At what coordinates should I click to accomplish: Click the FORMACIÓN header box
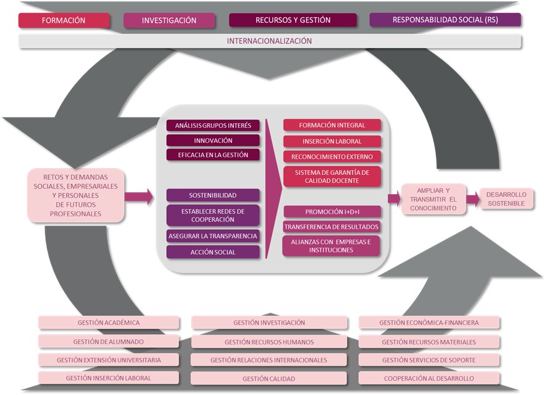point(64,20)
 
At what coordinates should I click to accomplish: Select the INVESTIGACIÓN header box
point(169,20)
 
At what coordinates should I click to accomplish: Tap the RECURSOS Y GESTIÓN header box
point(293,20)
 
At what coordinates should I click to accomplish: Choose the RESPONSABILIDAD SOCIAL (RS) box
point(445,20)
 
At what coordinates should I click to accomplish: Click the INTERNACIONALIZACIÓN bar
point(270,41)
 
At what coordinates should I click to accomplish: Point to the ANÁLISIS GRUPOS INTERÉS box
point(213,125)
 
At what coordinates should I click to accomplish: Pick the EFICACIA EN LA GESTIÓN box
point(213,155)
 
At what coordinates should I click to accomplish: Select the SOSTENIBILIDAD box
point(213,195)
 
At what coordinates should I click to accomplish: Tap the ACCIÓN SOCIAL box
point(213,252)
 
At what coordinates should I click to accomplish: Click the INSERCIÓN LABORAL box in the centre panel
point(332,141)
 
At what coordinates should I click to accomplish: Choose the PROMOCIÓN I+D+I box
point(332,212)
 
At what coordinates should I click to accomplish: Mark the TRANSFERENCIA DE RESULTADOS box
point(332,227)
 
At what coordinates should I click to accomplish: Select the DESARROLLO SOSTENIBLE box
point(506,198)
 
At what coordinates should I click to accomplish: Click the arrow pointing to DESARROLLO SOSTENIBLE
point(472,199)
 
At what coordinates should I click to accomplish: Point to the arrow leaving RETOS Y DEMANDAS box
point(138,197)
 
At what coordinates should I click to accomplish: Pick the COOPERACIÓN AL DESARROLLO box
point(429,378)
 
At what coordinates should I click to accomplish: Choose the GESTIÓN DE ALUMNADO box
point(109,342)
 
